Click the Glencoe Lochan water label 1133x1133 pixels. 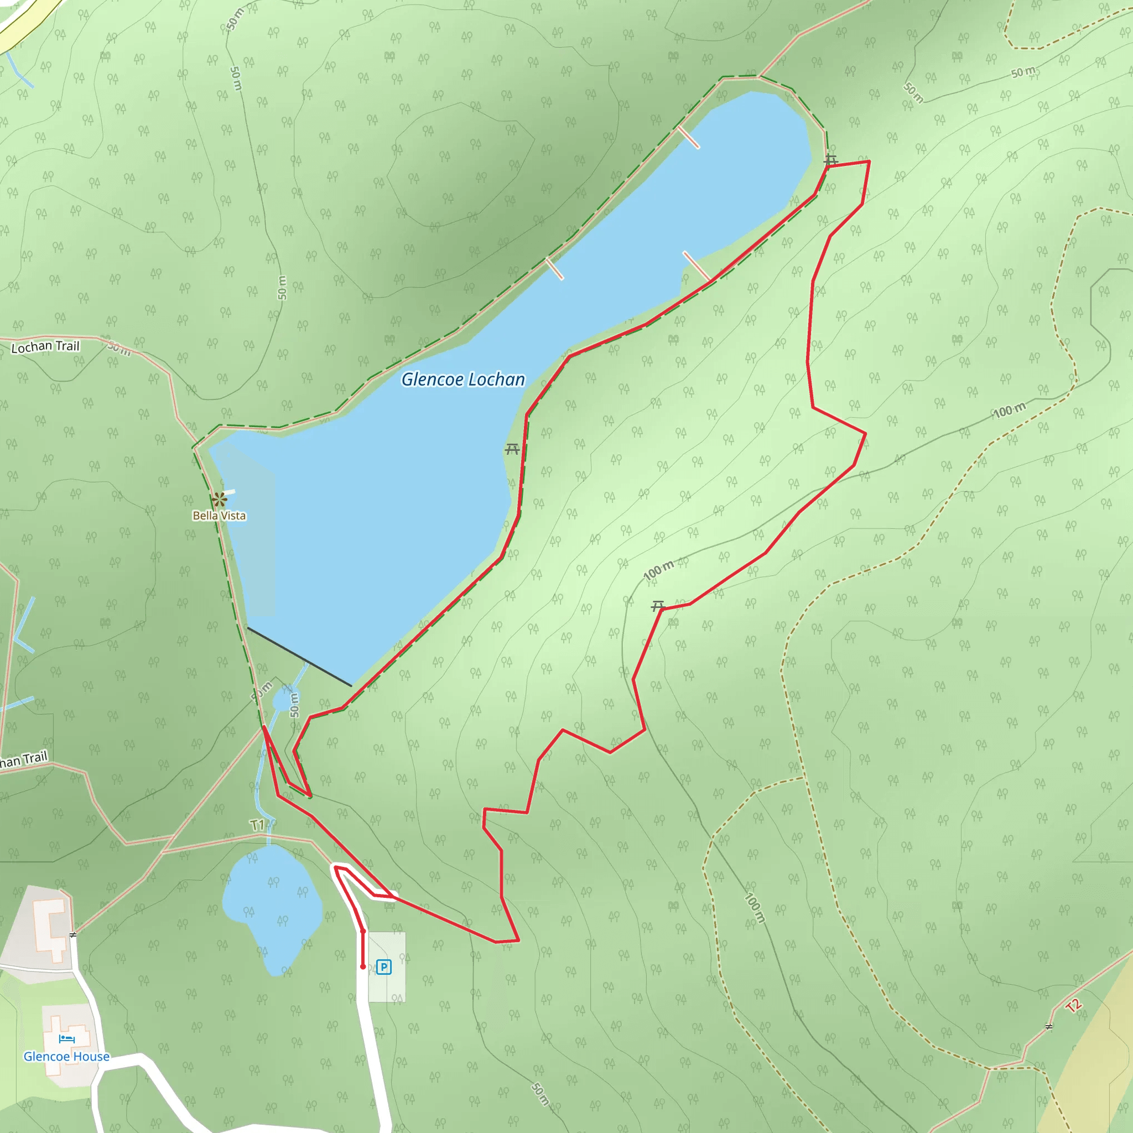click(462, 380)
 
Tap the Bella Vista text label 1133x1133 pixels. click(219, 516)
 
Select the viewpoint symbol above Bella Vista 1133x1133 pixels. click(219, 500)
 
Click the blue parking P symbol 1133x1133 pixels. click(383, 967)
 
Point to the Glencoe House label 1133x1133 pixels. click(66, 1056)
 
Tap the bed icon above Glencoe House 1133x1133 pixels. click(67, 1038)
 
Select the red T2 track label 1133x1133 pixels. click(1073, 1006)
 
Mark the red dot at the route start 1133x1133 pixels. click(363, 966)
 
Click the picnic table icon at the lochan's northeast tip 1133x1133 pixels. click(830, 159)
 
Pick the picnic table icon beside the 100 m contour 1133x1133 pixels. click(658, 606)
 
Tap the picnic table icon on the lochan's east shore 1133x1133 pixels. click(512, 450)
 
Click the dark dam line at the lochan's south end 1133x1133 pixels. click(299, 656)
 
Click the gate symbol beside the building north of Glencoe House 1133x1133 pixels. click(72, 935)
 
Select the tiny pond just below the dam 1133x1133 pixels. click(282, 701)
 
